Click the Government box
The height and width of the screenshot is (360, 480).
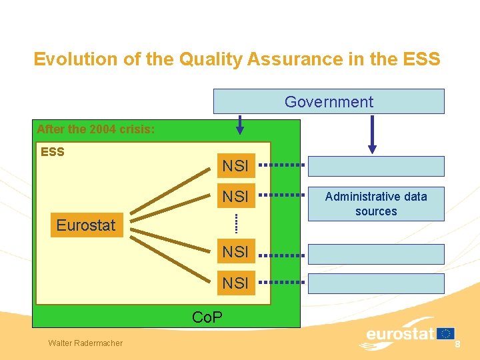(329, 102)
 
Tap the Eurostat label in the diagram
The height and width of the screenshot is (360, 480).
(86, 225)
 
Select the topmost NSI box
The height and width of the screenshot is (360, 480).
(235, 165)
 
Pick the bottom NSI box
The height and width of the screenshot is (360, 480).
(235, 283)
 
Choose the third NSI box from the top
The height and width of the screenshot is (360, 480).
(235, 252)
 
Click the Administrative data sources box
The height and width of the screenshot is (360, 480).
(376, 204)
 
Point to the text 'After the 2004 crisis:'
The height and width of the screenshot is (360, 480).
(96, 129)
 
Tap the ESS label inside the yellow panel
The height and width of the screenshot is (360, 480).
(53, 152)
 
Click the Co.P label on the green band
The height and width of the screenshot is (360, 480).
(207, 317)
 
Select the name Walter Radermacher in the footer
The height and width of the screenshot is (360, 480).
(85, 343)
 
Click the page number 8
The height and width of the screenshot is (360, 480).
(458, 343)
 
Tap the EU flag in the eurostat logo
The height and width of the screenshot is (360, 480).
(446, 333)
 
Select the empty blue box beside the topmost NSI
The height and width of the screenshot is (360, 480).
(376, 166)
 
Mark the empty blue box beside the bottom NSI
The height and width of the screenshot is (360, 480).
(376, 283)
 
